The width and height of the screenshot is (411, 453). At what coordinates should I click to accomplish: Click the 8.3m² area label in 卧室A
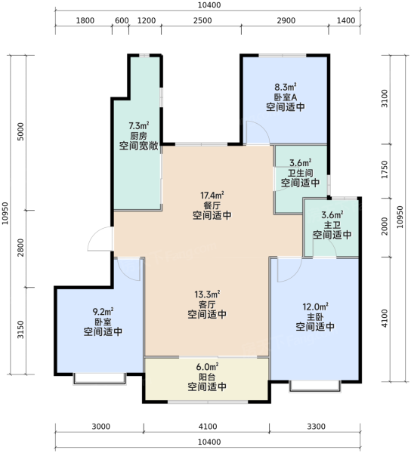[286, 87]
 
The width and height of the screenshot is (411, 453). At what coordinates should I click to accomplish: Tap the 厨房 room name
[138, 135]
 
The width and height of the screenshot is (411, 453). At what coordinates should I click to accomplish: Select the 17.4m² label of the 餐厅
[212, 196]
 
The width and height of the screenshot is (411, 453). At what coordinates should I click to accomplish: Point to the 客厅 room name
[207, 304]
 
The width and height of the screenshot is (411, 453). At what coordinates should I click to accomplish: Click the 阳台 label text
[207, 377]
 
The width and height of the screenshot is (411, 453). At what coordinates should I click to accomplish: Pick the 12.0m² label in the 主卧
[315, 307]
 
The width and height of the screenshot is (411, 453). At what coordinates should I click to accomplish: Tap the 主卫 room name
[332, 224]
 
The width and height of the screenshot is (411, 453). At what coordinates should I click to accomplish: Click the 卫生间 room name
[301, 173]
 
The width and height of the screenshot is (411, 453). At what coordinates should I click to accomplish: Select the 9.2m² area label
[103, 311]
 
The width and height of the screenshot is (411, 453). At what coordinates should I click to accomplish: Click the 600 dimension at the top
[122, 20]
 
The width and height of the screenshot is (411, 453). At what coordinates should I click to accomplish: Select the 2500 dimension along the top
[202, 20]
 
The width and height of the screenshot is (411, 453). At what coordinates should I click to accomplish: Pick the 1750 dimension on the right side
[384, 170]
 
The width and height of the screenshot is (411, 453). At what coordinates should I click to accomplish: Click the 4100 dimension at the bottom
[208, 427]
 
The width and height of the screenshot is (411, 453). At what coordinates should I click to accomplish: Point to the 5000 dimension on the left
[20, 131]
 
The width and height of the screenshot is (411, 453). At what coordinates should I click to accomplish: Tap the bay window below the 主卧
[315, 387]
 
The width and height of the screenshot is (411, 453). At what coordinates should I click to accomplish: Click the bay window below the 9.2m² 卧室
[100, 379]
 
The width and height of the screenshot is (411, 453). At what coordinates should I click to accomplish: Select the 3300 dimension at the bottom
[317, 427]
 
